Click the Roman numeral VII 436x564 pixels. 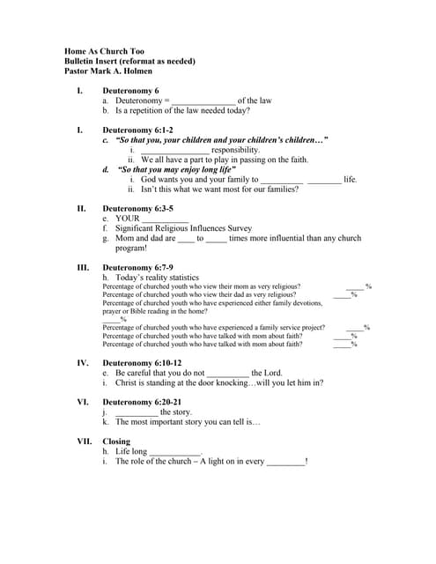tap(85, 442)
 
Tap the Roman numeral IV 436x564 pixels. tap(83, 363)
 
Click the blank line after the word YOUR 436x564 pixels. tap(165, 220)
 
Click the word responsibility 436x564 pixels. tap(235, 150)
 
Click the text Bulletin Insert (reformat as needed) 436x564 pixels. tap(129, 61)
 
